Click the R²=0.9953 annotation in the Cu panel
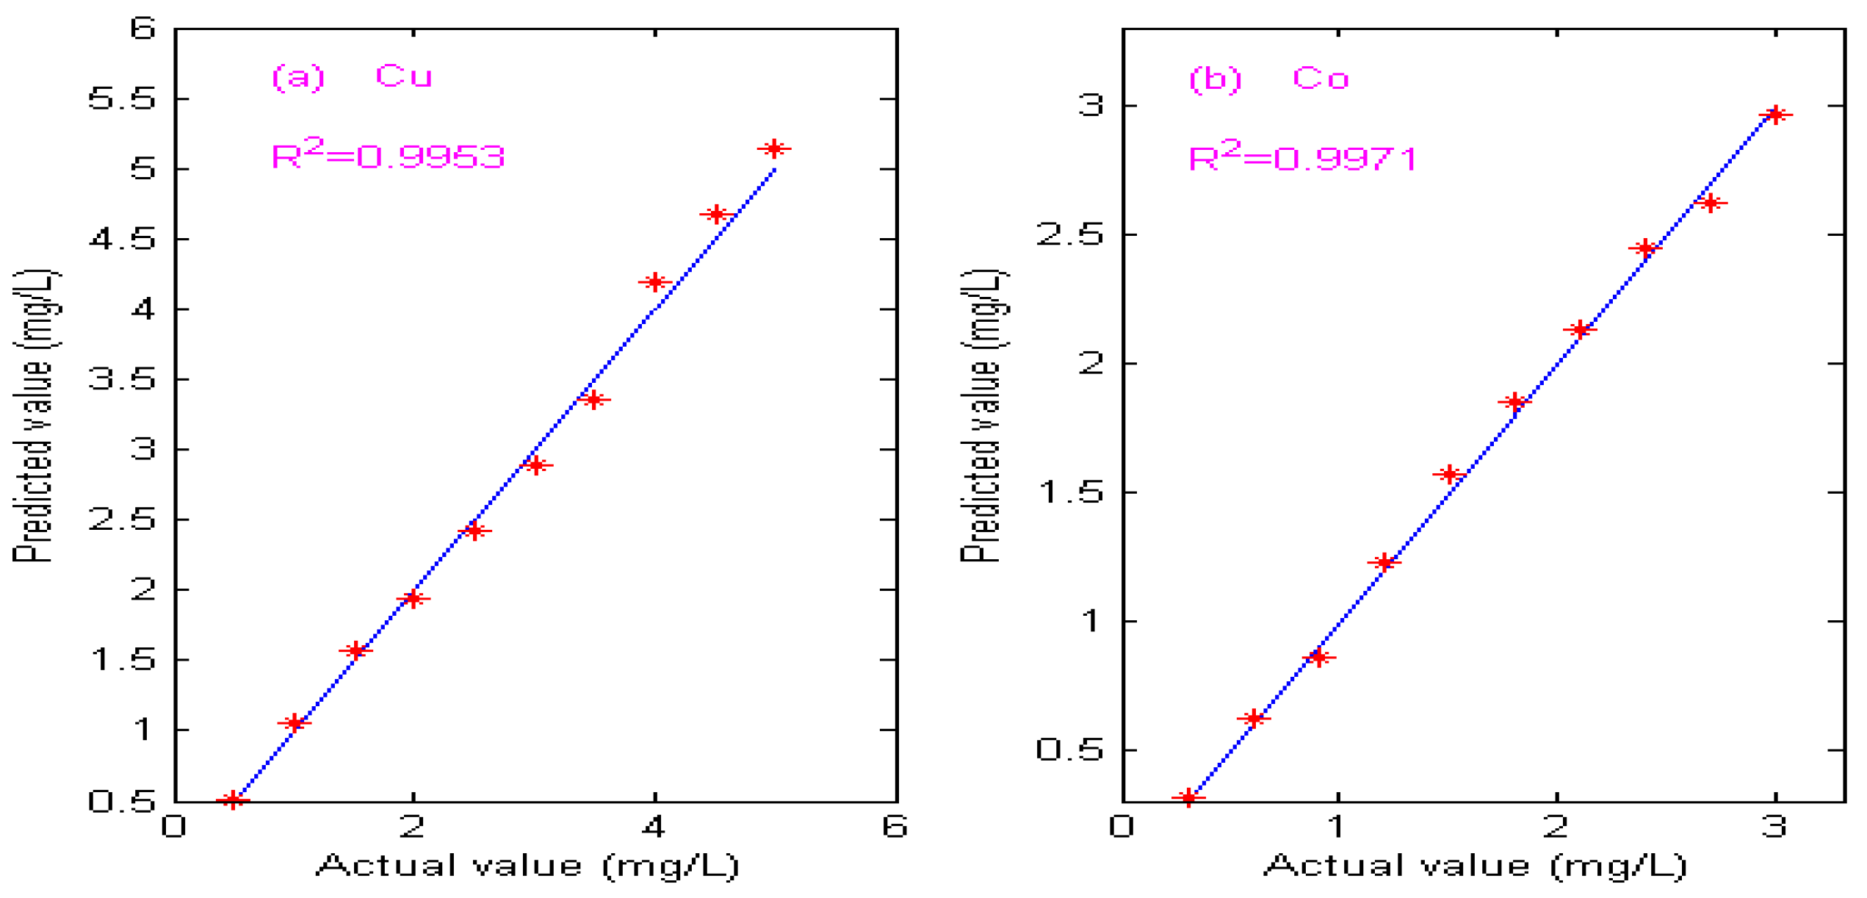coord(388,155)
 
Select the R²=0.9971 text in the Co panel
coord(1302,157)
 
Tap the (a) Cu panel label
coord(352,76)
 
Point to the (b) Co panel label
coord(1268,79)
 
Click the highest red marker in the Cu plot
coord(773,149)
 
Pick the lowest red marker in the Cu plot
coord(233,800)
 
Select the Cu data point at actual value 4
coord(654,282)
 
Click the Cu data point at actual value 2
coord(413,599)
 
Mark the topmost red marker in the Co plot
coord(1775,115)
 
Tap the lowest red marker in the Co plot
coord(1188,797)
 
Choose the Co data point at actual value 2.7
coord(1711,203)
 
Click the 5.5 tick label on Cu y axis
coord(122,98)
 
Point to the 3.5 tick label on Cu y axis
coord(122,379)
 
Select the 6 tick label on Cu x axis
coord(895,827)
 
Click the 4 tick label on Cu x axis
coord(654,827)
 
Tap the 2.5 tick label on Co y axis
coord(1069,235)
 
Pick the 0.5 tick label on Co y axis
coord(1069,750)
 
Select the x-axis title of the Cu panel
coord(527,866)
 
